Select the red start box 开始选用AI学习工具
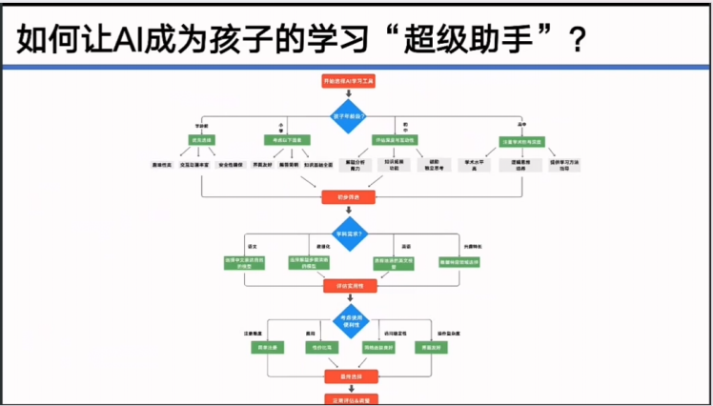click(349, 83)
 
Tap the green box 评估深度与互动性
click(394, 140)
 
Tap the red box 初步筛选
click(349, 197)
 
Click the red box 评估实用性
click(349, 285)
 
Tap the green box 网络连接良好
click(379, 349)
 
